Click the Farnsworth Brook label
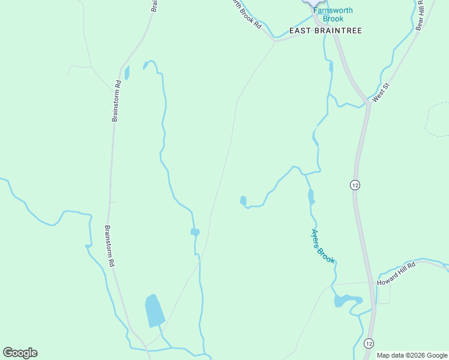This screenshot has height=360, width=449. (333, 14)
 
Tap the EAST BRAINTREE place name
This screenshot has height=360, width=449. (326, 31)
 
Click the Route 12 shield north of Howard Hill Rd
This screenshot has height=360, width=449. (355, 185)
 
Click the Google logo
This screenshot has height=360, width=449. (20, 353)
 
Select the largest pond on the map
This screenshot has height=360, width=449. (154, 311)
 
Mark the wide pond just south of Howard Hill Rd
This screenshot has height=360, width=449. (348, 300)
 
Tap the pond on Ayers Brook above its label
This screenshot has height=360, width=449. (311, 196)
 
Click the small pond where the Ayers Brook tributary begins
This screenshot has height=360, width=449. (243, 200)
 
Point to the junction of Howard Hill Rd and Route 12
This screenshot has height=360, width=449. (371, 282)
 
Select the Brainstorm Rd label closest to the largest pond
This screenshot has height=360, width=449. (110, 246)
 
